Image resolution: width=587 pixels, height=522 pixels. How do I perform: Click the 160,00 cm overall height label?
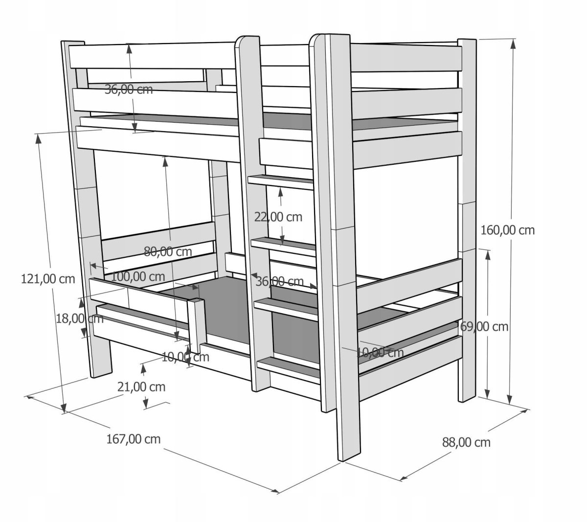pyautogui.click(x=507, y=230)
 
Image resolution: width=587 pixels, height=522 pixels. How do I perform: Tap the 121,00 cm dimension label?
pyautogui.click(x=48, y=279)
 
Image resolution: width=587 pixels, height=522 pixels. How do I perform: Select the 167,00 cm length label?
pyautogui.click(x=133, y=439)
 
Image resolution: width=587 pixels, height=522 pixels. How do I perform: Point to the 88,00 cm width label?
pyautogui.click(x=466, y=442)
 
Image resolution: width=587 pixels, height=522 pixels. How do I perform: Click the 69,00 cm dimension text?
pyautogui.click(x=484, y=327)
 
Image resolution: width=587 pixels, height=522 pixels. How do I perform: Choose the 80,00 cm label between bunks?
pyautogui.click(x=168, y=251)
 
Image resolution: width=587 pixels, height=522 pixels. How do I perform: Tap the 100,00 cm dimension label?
pyautogui.click(x=138, y=277)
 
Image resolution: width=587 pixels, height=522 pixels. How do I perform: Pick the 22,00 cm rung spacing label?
pyautogui.click(x=278, y=217)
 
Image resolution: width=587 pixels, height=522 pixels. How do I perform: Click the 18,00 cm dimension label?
pyautogui.click(x=79, y=319)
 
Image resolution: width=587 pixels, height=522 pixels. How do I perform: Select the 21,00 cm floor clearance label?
pyautogui.click(x=141, y=387)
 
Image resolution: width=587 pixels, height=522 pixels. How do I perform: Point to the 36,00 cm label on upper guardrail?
pyautogui.click(x=129, y=89)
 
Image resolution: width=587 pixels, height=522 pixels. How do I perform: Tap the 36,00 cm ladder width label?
pyautogui.click(x=280, y=281)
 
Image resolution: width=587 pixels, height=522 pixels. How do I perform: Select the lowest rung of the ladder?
pyautogui.click(x=289, y=367)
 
